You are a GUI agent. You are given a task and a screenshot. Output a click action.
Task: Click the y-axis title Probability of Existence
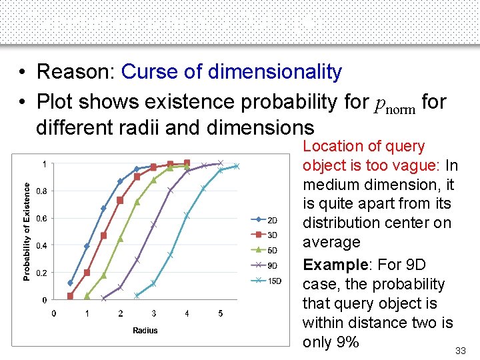[27, 232]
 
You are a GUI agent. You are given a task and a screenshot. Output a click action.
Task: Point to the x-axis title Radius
[145, 330]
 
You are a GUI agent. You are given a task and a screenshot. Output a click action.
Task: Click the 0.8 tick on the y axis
[40, 191]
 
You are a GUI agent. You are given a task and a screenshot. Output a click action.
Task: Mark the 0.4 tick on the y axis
[40, 245]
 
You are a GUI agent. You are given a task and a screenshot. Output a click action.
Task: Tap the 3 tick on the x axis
[154, 313]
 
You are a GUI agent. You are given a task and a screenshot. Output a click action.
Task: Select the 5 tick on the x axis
[221, 313]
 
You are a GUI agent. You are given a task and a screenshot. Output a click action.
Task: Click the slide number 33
[460, 351]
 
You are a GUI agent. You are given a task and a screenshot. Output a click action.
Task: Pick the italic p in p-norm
[380, 103]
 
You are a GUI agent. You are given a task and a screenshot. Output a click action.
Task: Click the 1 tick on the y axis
[44, 164]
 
